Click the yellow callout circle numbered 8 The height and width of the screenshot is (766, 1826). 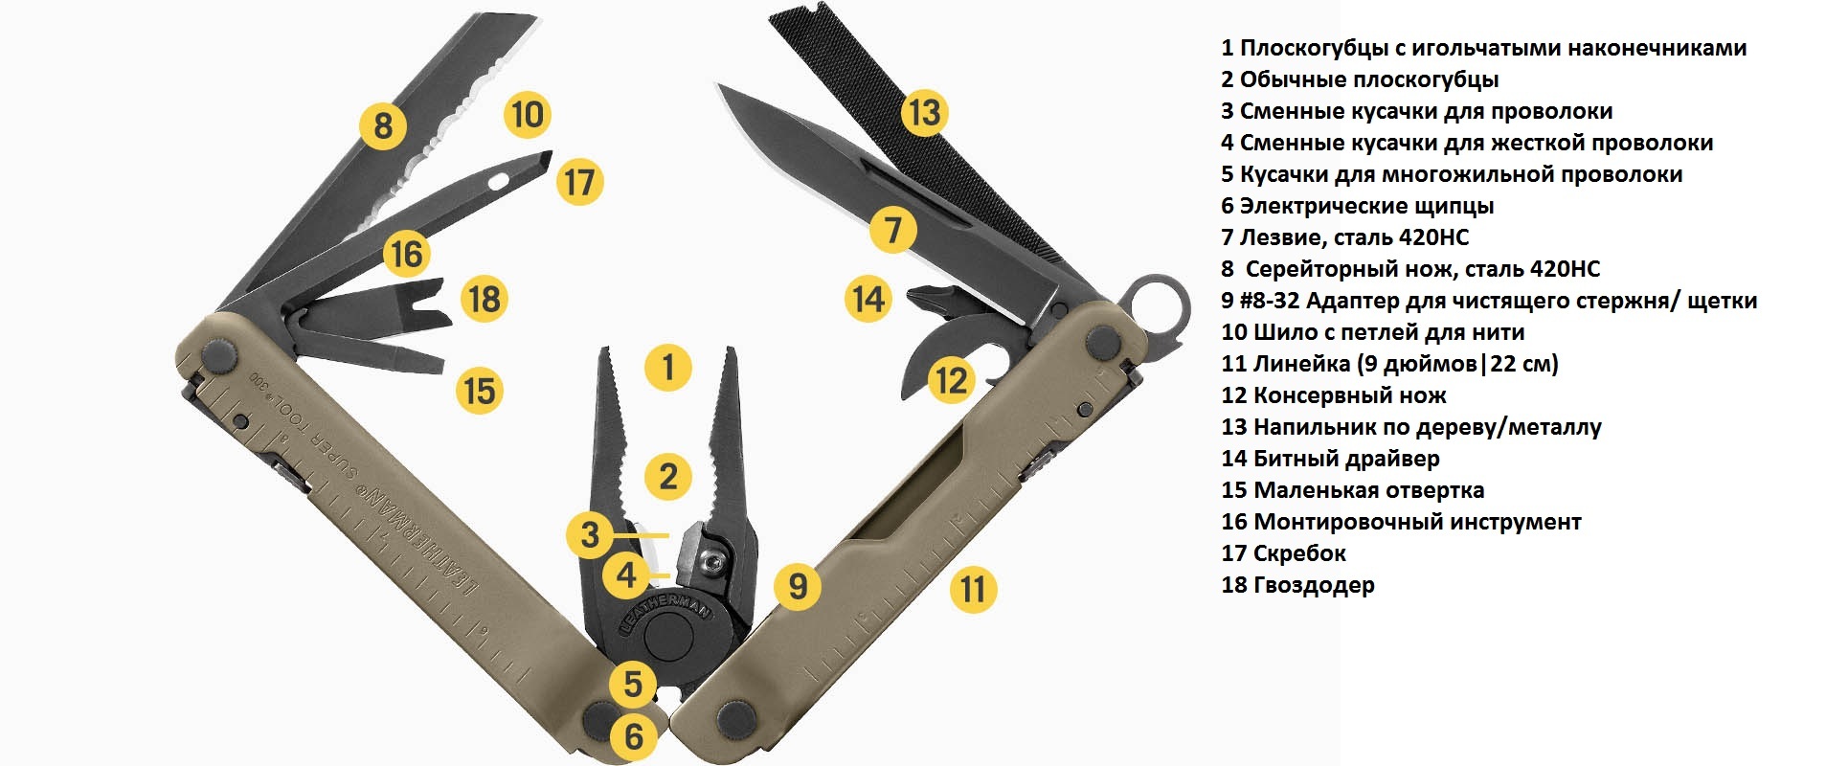(x=383, y=125)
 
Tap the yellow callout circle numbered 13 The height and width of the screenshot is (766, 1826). (x=924, y=112)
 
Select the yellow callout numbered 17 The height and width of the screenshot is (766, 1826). (x=579, y=181)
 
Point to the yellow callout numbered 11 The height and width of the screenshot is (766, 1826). (x=973, y=589)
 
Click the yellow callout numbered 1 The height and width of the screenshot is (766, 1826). (x=667, y=367)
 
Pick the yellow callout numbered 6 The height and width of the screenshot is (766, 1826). (x=634, y=736)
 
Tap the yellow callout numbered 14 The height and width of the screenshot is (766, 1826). (x=868, y=299)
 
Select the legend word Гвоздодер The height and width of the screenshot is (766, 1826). (x=1314, y=585)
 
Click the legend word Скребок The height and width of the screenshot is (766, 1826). (x=1299, y=553)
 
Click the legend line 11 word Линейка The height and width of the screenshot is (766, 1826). (x=1301, y=364)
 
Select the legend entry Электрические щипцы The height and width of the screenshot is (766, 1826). (x=1366, y=206)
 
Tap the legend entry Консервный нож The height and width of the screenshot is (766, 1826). (x=1349, y=395)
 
